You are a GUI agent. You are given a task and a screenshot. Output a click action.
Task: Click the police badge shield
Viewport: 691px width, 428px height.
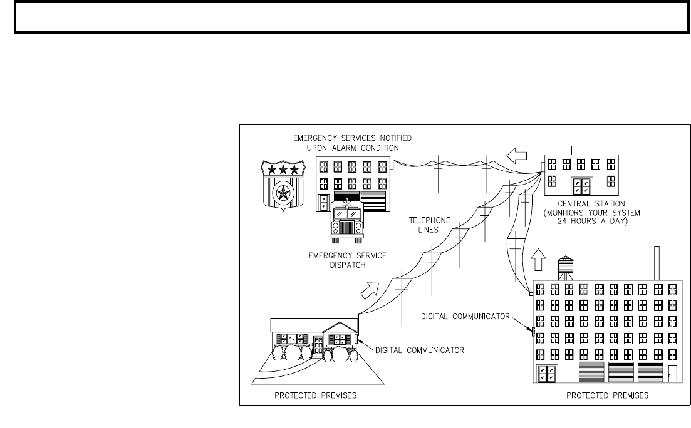point(283,184)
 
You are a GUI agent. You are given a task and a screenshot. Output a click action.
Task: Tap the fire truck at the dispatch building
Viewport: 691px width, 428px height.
point(347,222)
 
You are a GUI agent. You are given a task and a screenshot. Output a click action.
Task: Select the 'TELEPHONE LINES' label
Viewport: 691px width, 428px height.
point(429,225)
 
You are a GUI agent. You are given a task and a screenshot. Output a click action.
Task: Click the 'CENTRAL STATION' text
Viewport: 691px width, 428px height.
point(591,204)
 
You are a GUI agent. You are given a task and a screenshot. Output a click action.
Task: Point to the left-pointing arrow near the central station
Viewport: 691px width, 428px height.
point(516,155)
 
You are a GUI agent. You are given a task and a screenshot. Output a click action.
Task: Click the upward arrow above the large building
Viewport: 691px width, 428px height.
point(538,259)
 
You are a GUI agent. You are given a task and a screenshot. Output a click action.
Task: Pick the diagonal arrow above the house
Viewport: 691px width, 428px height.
point(370,290)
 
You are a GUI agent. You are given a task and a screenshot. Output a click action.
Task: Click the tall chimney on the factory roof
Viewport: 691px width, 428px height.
point(657,263)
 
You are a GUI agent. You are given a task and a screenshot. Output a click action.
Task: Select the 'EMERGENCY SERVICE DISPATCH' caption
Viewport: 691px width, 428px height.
point(347,260)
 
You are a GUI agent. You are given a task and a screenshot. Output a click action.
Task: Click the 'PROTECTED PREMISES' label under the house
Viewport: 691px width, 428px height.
point(316,395)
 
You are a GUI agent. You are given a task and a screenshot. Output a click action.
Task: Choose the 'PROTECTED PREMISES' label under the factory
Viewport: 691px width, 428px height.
point(607,395)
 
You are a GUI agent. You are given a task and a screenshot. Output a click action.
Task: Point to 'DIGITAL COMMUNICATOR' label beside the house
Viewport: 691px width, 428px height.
point(420,350)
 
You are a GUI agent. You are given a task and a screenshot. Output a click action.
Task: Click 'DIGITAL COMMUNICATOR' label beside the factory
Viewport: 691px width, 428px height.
point(465,316)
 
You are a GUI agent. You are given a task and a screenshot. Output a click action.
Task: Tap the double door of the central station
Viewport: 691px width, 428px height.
point(582,186)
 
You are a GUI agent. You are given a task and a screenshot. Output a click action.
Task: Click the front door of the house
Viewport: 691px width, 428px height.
point(318,345)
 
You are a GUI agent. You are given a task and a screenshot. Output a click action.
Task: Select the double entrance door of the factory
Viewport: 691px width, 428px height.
point(546,374)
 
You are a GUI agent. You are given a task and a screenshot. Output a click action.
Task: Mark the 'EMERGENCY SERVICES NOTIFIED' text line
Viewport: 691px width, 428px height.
point(353,138)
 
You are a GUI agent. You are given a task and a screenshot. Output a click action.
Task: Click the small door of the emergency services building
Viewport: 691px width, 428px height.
point(324,203)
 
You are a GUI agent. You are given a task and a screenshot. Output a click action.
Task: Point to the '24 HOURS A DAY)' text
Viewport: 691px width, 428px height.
point(592,221)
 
